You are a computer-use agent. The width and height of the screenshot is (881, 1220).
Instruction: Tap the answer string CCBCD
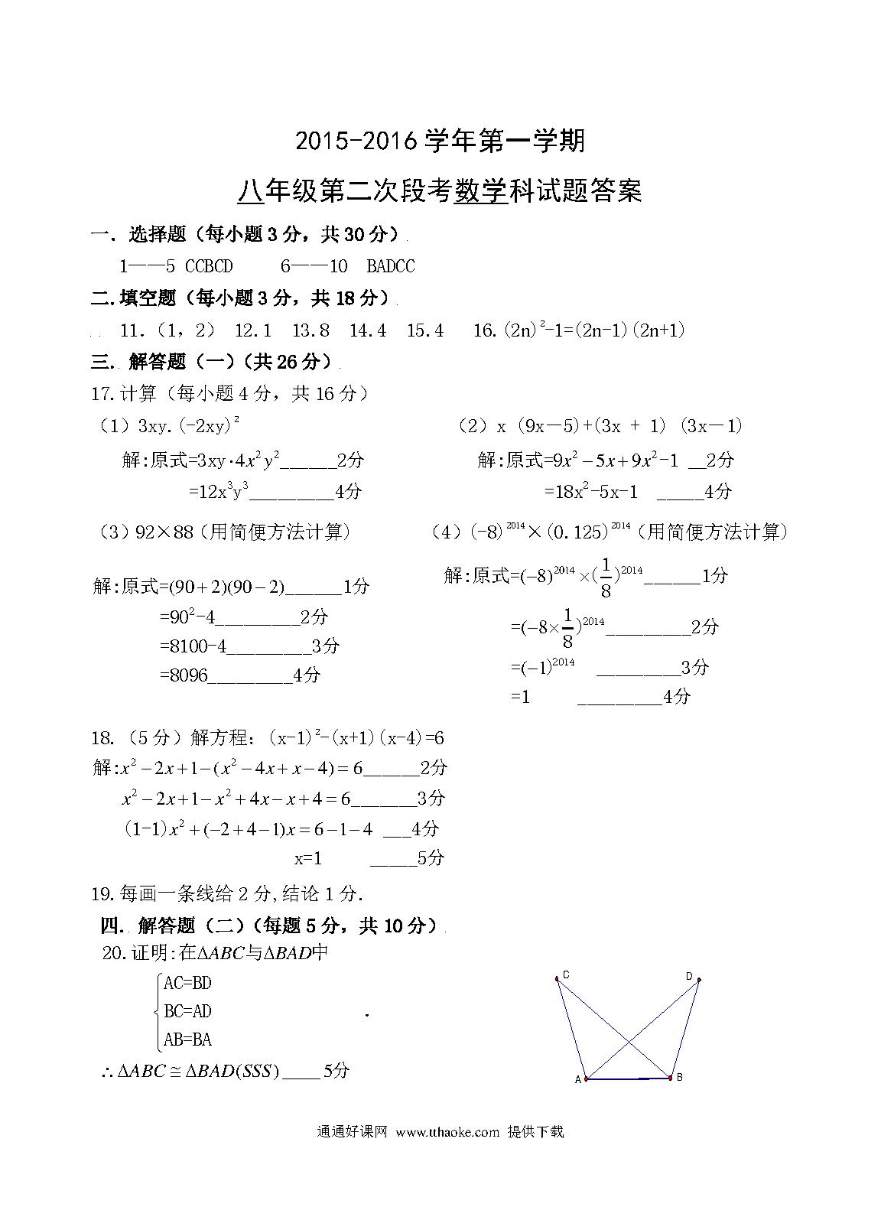click(x=209, y=266)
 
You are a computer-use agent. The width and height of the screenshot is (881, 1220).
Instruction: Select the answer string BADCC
click(x=391, y=266)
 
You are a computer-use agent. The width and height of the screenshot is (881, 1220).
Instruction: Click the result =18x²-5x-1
click(x=590, y=492)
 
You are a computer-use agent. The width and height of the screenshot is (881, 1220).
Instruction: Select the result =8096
click(x=184, y=675)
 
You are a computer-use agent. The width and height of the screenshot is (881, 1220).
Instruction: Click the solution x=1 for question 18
click(x=308, y=858)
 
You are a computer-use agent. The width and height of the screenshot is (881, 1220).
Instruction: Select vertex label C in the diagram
click(x=566, y=974)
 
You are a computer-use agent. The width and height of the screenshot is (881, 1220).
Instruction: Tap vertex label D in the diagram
click(x=688, y=976)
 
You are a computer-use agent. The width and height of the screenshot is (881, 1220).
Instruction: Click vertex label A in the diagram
click(x=578, y=1080)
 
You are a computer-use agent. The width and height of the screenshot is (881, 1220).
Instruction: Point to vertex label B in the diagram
click(x=679, y=1078)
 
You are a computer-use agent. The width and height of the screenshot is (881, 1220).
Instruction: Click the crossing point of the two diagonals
click(x=629, y=1042)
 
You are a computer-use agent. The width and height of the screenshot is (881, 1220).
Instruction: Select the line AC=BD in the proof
click(x=187, y=983)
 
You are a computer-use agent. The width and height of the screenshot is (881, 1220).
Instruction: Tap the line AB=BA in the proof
click(x=187, y=1039)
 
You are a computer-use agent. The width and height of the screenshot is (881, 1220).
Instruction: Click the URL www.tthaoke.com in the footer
click(x=447, y=1132)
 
